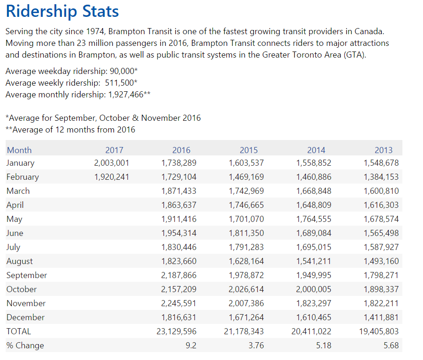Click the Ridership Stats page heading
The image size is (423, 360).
pos(62,12)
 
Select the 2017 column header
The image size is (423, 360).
pos(114,150)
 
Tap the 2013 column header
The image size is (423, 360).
pos(384,150)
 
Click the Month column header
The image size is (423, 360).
pos(19,150)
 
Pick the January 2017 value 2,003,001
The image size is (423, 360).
pos(111,163)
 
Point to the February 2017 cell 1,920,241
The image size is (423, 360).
pos(111,177)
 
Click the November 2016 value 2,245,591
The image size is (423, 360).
pos(178,303)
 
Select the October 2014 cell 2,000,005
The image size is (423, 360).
pos(313,289)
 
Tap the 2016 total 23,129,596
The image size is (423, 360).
pos(177,331)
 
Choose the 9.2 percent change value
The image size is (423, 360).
pos(191,345)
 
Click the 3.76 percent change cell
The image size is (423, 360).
pos(256,345)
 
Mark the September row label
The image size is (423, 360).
pos(27,275)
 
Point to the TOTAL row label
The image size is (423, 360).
pos(19,331)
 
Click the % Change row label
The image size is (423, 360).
pos(25,345)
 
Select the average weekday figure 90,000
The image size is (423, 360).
pos(122,71)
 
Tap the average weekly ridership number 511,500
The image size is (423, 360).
pos(119,83)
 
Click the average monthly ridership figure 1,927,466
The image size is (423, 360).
pos(126,95)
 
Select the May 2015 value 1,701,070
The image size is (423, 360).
pos(246,219)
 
